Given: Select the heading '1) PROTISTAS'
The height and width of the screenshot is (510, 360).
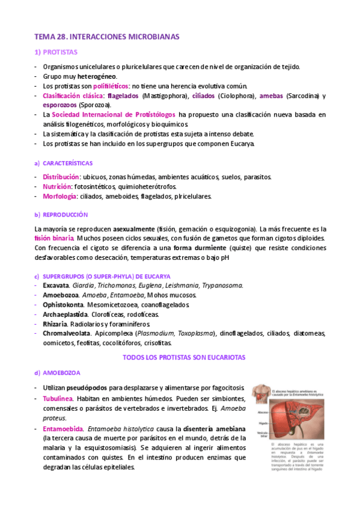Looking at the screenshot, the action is point(56,53).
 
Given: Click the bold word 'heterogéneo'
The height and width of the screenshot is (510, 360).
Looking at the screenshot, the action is point(97,77).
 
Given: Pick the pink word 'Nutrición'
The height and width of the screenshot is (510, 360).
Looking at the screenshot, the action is point(56,186).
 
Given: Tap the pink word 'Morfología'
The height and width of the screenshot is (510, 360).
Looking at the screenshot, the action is point(59,196).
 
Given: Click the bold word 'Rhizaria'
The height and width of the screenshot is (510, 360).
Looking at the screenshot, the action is point(55,324).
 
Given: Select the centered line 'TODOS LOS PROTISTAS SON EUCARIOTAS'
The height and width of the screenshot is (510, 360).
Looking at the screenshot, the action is point(180,357).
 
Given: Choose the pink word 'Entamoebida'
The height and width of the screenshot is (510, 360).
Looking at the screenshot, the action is point(63,429).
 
